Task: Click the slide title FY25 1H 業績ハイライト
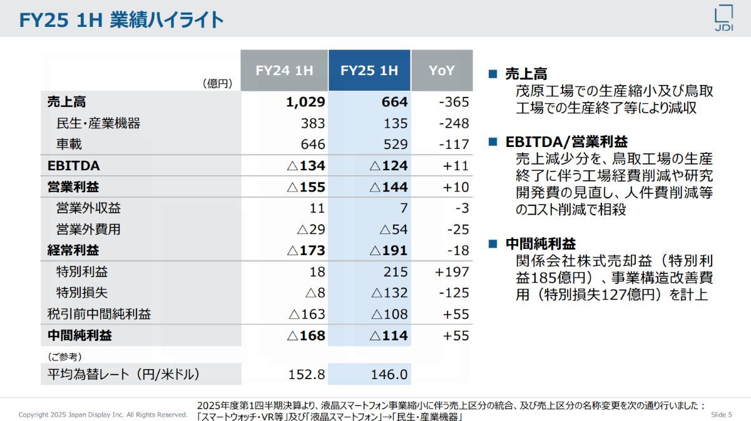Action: (121, 20)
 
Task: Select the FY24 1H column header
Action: (284, 71)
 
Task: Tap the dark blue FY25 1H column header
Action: (369, 71)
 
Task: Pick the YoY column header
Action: (442, 71)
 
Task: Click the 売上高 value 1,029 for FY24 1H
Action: (306, 102)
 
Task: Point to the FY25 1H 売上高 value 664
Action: (394, 102)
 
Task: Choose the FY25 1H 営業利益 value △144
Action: (389, 187)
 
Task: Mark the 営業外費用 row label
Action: (88, 230)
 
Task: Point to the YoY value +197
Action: (451, 272)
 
